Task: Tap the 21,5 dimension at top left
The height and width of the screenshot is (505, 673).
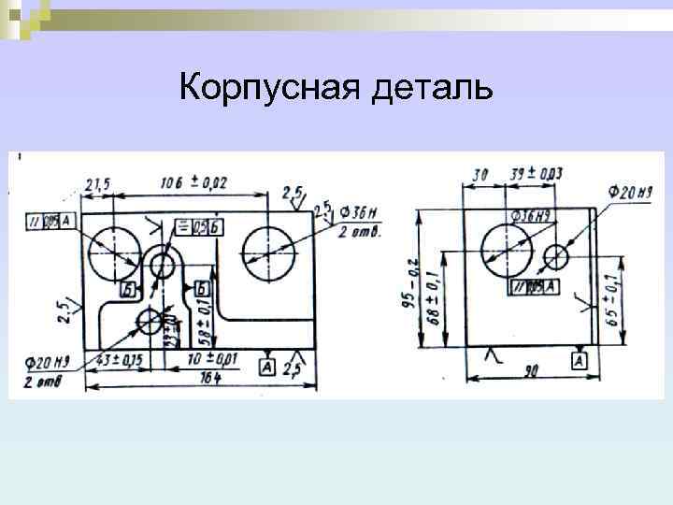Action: point(97,184)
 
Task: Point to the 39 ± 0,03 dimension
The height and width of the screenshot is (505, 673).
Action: point(537,174)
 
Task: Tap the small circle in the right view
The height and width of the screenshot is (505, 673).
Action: point(557,255)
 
